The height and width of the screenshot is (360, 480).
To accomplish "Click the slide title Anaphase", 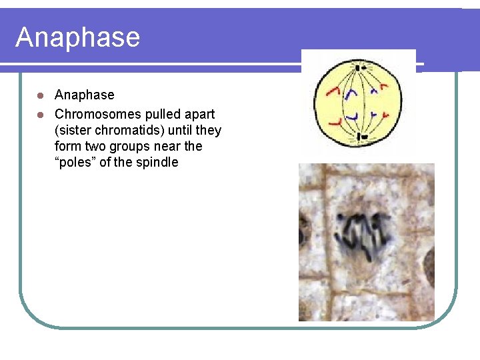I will click(77, 37).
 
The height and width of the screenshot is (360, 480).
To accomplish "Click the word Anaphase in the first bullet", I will click(84, 95).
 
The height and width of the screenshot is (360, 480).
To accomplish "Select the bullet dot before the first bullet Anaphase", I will click(40, 95).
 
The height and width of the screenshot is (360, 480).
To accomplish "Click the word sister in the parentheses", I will click(75, 129).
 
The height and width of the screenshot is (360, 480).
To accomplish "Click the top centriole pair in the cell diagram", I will click(359, 67).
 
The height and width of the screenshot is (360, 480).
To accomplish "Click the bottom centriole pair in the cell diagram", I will click(360, 137).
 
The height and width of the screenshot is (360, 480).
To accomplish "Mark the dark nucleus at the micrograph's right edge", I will click(429, 256).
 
